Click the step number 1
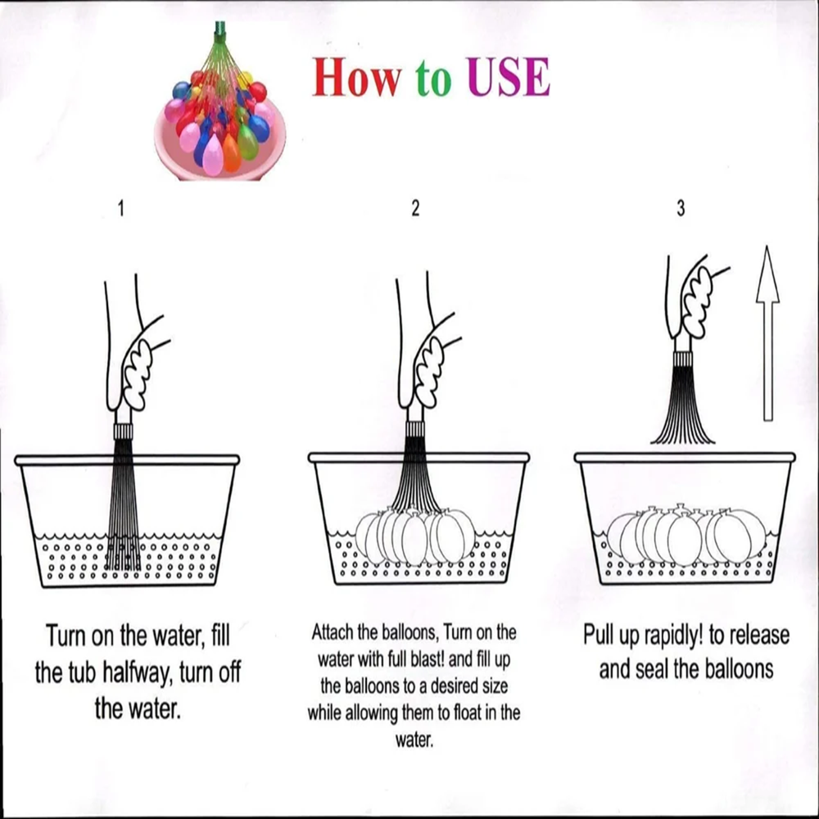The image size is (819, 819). [x=121, y=209]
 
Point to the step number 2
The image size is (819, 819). [x=415, y=209]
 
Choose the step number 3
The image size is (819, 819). [x=681, y=209]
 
